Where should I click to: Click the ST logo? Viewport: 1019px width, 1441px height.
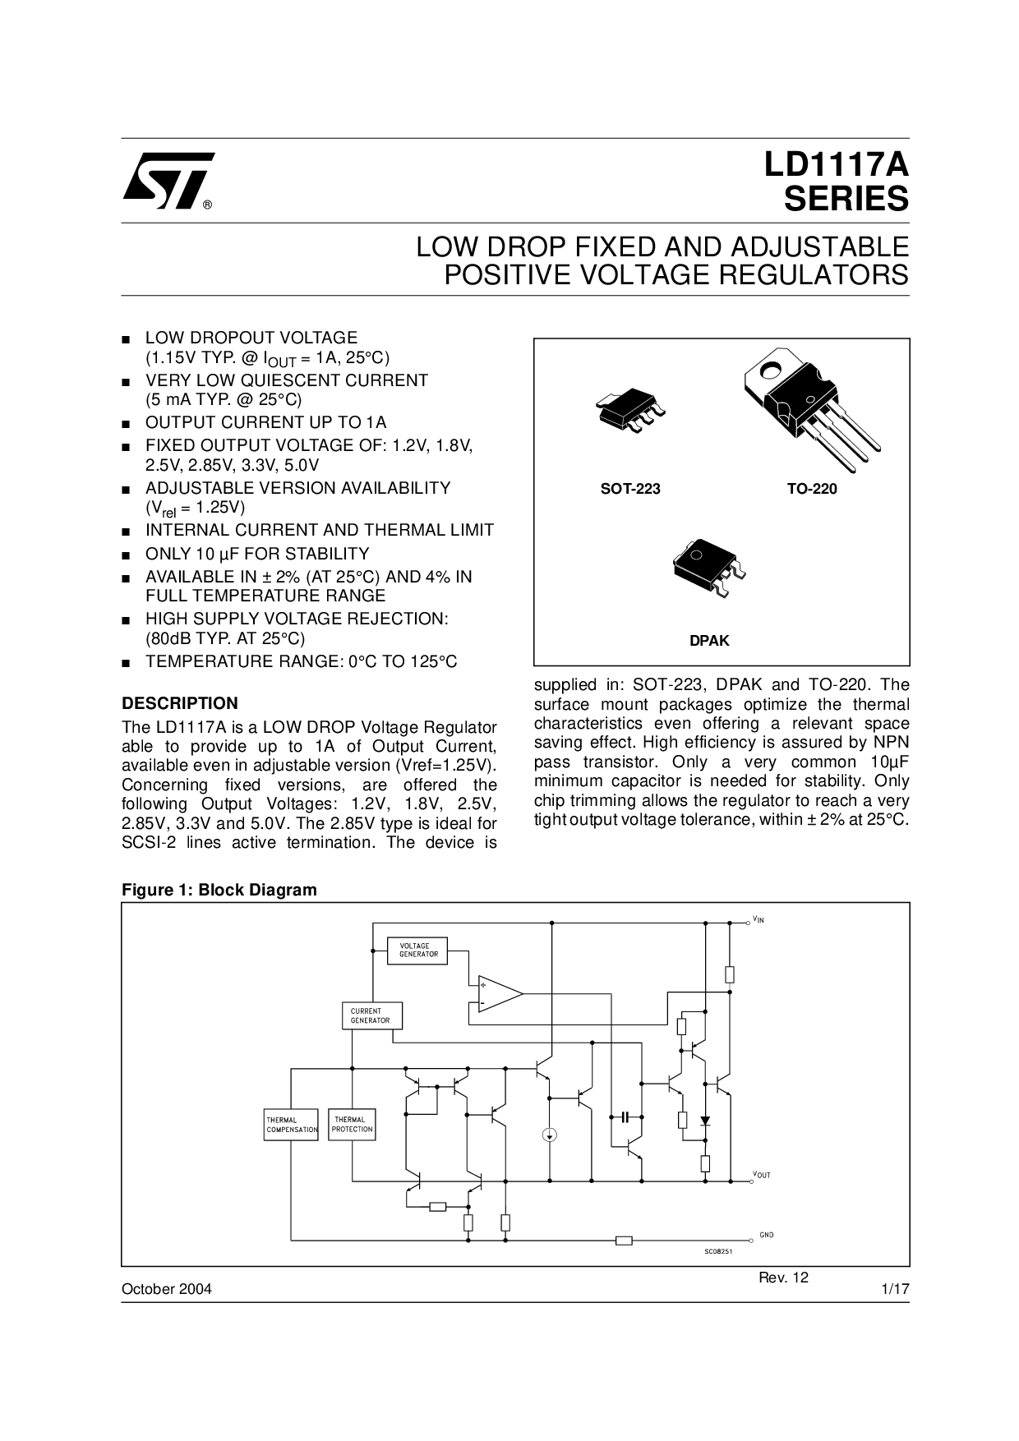tap(168, 181)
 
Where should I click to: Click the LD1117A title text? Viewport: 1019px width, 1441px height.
tap(837, 165)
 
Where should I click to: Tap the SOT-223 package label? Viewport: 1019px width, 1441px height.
tap(630, 489)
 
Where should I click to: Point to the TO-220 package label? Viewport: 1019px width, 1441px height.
tap(812, 489)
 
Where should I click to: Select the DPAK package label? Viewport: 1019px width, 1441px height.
tap(709, 641)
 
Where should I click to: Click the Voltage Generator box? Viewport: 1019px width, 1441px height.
tap(419, 951)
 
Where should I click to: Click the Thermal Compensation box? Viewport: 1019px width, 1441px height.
tap(291, 1125)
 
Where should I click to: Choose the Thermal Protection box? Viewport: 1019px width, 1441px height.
tap(353, 1124)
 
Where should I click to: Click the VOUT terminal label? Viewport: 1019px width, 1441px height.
tap(762, 1175)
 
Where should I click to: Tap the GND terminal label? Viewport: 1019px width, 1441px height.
tap(766, 1235)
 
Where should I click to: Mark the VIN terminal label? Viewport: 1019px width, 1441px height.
tap(758, 919)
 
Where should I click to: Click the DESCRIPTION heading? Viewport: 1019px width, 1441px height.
tap(180, 703)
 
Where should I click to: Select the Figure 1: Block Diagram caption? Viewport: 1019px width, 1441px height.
tap(219, 890)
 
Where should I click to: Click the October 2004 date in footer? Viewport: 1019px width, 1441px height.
tap(167, 1289)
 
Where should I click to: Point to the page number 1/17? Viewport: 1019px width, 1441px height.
tap(895, 1289)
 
